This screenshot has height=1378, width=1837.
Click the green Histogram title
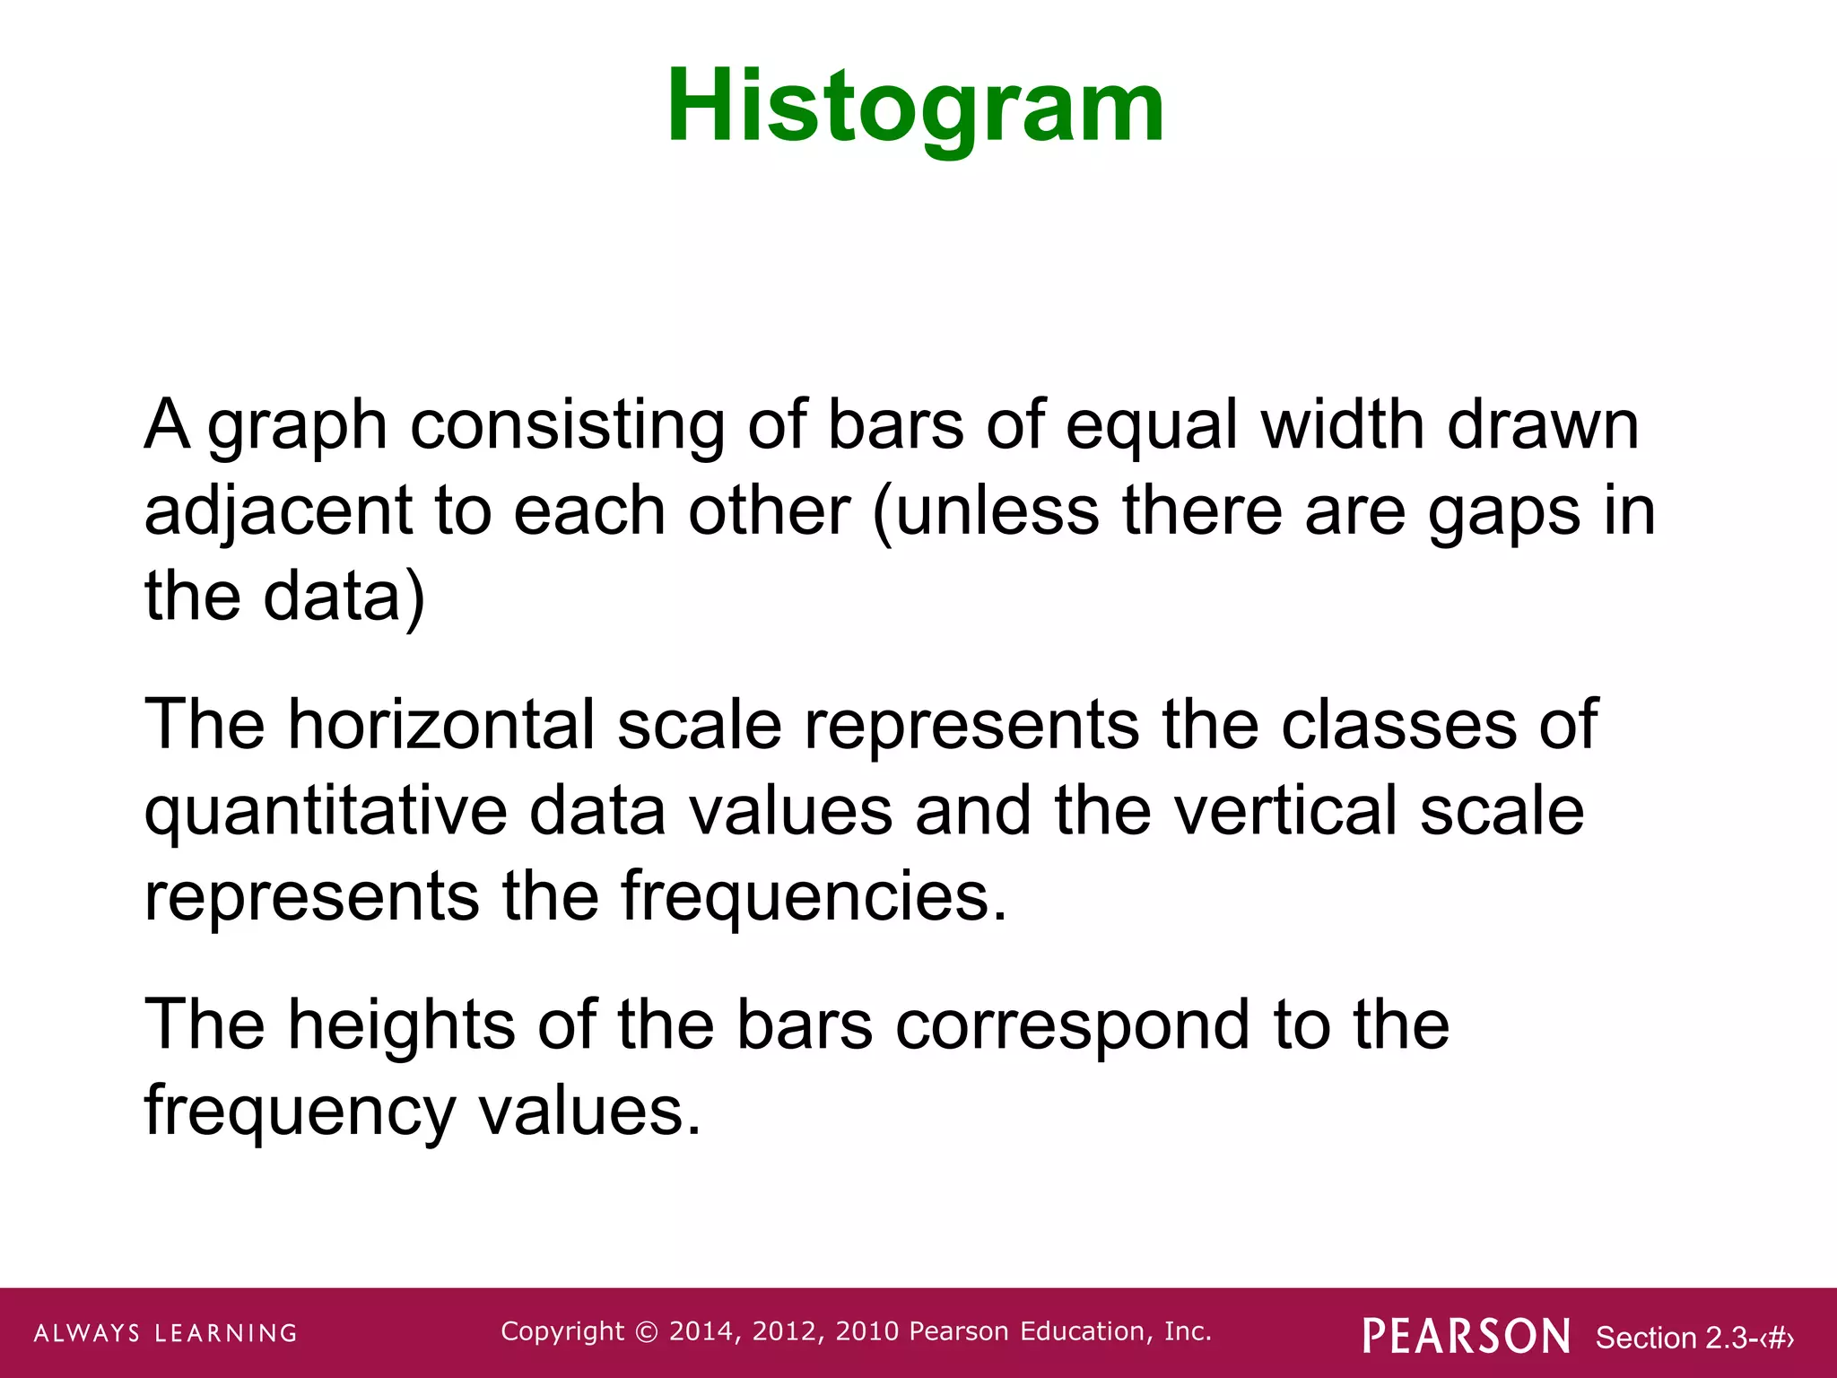click(916, 108)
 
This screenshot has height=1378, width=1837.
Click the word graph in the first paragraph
click(298, 427)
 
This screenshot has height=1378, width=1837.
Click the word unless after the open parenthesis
click(997, 510)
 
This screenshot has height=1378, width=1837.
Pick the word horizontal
click(440, 724)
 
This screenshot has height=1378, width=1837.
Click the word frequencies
click(814, 896)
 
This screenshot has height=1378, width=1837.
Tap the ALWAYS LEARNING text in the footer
click(166, 1333)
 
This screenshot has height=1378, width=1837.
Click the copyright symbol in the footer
click(646, 1332)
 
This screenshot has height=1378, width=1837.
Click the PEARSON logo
click(1467, 1336)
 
